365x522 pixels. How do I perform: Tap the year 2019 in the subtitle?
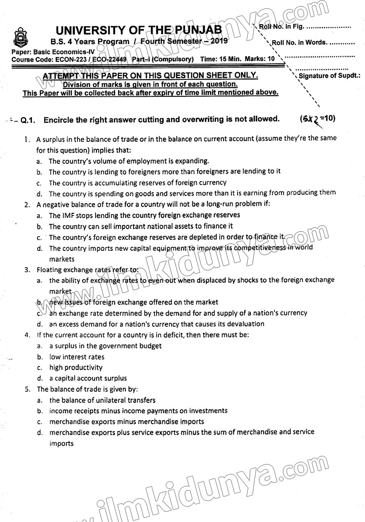218,41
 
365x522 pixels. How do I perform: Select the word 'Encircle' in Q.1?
61,119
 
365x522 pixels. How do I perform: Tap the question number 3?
27,269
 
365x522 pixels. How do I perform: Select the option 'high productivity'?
76,367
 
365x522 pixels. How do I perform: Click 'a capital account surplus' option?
88,378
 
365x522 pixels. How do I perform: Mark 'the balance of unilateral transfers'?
102,400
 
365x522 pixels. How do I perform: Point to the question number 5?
27,389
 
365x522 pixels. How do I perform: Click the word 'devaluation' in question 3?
245,324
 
